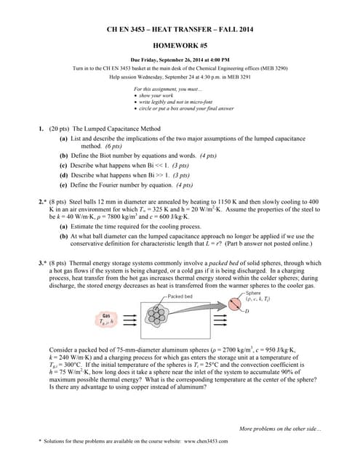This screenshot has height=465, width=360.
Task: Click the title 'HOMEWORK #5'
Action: (x=180, y=43)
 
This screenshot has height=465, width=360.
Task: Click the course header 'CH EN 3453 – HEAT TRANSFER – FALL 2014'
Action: (x=180, y=28)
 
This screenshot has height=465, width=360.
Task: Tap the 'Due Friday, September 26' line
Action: (x=180, y=59)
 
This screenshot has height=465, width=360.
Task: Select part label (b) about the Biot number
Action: (x=64, y=155)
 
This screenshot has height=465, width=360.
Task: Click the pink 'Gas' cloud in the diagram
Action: (x=107, y=320)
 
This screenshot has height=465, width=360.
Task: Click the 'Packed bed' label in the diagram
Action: (x=180, y=296)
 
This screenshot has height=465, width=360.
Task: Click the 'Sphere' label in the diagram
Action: (x=255, y=292)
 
